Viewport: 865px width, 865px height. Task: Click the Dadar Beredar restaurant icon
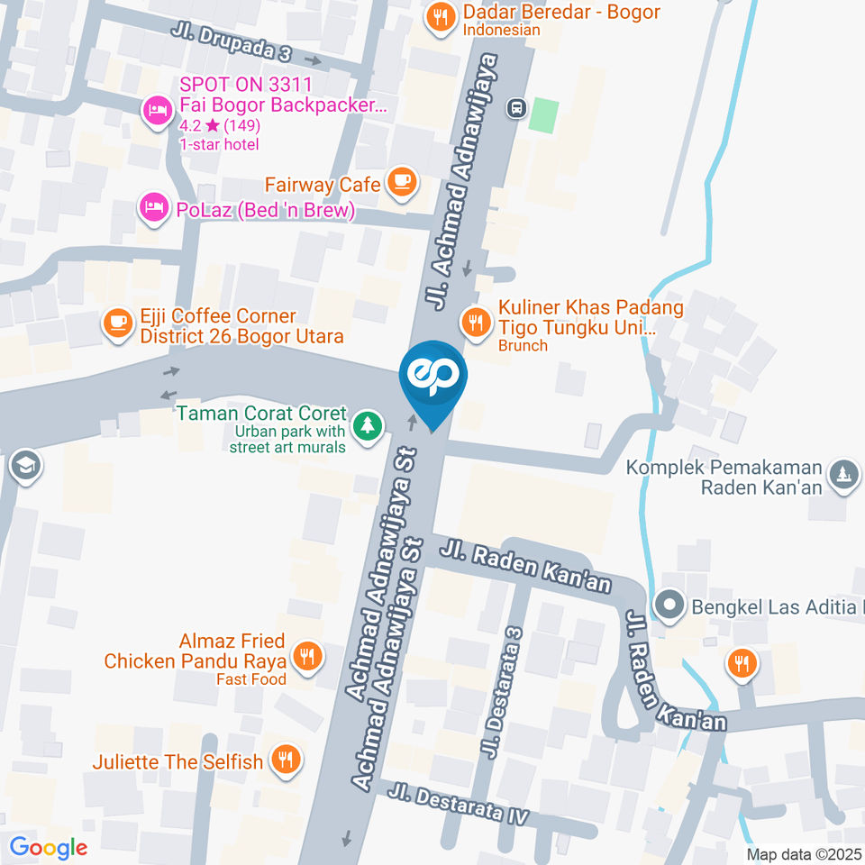(440, 15)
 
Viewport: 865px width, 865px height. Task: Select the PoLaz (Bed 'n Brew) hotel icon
(153, 208)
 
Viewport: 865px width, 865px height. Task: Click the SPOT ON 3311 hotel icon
(157, 112)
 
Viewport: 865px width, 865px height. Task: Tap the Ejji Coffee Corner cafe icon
(118, 322)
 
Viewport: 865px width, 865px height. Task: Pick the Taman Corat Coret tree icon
(367, 424)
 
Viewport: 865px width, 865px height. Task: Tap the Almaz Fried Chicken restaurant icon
(308, 657)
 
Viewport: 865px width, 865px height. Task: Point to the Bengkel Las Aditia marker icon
(669, 605)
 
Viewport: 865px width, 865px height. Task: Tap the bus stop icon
(516, 108)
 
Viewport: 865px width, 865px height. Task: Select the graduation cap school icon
(23, 466)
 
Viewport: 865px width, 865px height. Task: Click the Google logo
(48, 847)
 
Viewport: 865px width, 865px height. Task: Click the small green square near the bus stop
(543, 115)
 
